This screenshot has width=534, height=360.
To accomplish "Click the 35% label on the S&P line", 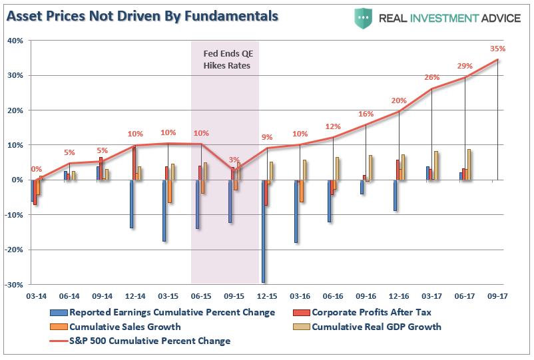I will [497, 49].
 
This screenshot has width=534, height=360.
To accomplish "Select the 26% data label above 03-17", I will [432, 78].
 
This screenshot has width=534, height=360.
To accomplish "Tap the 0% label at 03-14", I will [37, 170].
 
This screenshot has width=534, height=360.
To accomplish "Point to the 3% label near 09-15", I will [234, 160].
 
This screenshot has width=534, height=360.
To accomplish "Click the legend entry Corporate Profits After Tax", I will [372, 312].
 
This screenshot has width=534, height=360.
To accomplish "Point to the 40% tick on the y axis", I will [17, 41].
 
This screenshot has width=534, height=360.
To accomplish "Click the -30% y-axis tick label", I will [15, 285].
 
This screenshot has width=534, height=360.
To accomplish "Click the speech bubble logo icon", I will [364, 17].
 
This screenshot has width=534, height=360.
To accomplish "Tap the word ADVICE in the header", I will [496, 18].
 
